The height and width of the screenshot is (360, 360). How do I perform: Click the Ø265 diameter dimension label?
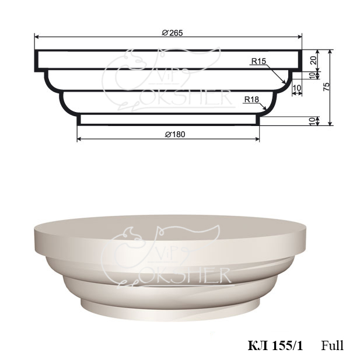coord(172,33)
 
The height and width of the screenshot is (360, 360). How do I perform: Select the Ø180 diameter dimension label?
coord(175,134)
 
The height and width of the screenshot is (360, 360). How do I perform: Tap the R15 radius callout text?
coord(258,61)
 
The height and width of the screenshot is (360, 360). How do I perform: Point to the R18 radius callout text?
coord(251,99)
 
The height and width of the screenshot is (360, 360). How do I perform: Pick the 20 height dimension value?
coord(313,60)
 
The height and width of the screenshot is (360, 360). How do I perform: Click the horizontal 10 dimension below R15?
coord(297,88)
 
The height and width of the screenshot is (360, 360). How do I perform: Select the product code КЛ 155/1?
coord(275,346)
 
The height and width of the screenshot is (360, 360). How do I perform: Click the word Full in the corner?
coord(332,345)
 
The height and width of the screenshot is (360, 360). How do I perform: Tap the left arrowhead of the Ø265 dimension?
coord(36,37)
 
